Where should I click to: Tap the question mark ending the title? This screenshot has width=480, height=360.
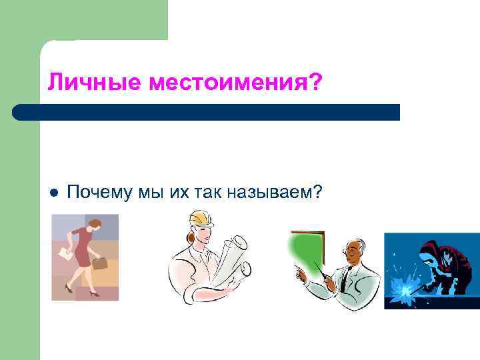pos(315,83)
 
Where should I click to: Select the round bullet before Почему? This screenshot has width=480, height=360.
pos(53,193)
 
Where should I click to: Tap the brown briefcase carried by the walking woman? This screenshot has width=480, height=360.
pos(99,263)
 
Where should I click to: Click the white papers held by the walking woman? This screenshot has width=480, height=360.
pos(65,253)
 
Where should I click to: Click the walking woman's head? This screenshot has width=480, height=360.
pos(95,225)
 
